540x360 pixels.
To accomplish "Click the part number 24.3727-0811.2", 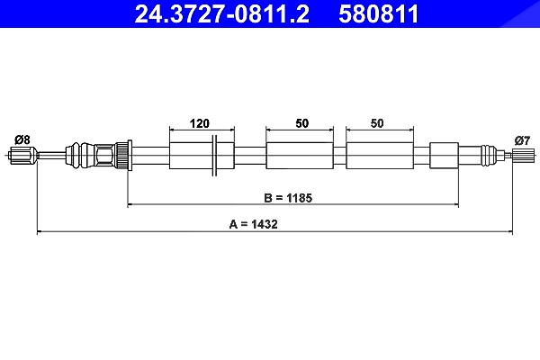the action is pos(221,13).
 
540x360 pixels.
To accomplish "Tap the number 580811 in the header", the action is pos(379,13).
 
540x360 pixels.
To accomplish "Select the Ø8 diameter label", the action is pos(22,139).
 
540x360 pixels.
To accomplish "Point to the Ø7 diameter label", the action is pos(522,140).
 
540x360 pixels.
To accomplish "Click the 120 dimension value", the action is pos(200,123).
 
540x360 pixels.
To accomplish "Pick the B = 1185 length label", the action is pos(288,198).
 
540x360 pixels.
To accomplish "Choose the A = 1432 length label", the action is pos(253,224).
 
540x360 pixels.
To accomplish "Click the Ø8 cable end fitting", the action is pos(22,155).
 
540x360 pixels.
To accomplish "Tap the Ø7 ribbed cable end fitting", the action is pos(523,155).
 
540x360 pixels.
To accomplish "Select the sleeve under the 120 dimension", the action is pos(202,156).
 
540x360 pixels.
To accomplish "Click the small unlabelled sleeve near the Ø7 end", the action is pos(444,156).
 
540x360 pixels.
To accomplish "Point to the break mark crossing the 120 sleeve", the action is pos(214,156).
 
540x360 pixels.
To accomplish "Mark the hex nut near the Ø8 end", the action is pos(105,156).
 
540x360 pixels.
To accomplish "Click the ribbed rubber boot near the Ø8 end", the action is pos(81,156).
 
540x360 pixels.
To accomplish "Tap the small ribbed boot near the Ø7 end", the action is pos(489,156).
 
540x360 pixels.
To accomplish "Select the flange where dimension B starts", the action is pos(130,156).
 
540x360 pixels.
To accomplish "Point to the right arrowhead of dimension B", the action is pos(456,204).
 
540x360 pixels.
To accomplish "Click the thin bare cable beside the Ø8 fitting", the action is pos(51,156).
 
